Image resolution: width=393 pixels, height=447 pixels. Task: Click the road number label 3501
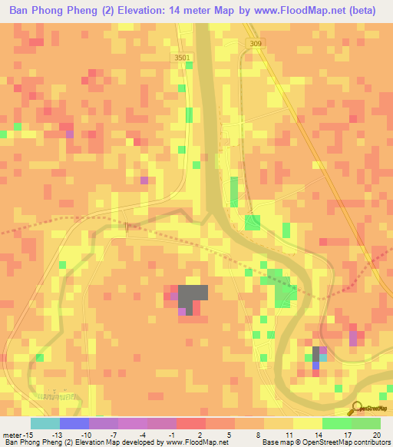point(182,58)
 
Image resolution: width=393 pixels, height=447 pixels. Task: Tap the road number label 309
point(255,44)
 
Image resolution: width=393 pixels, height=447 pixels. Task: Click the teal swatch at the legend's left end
point(45,423)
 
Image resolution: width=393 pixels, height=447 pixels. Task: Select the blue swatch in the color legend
point(74,423)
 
